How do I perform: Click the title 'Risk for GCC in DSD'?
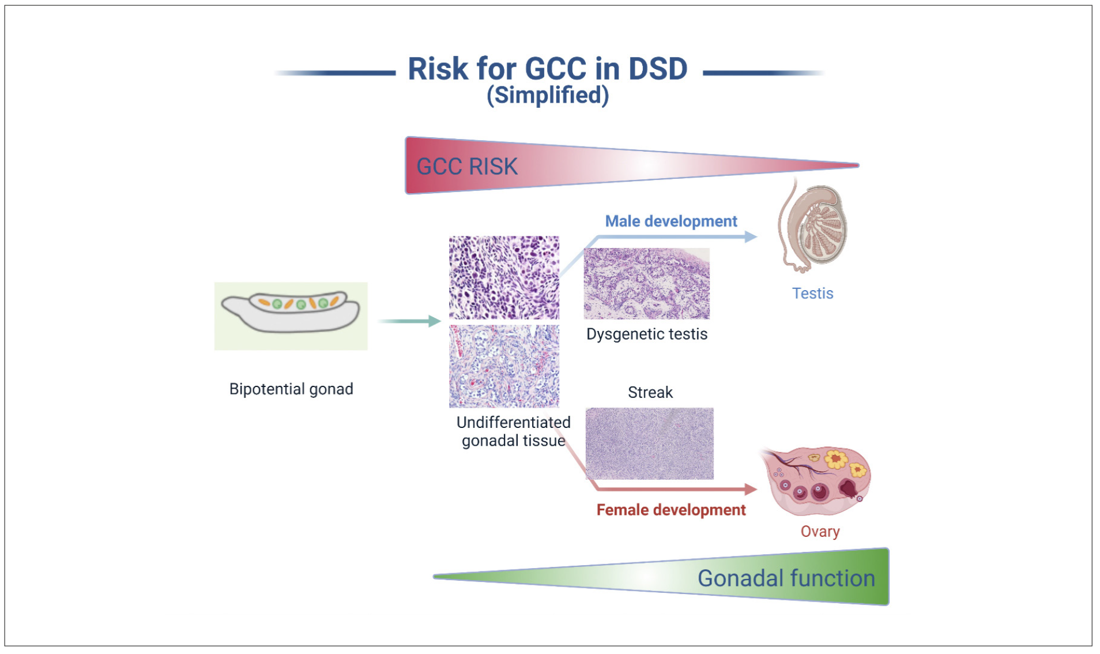(x=547, y=69)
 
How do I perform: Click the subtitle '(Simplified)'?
(x=548, y=95)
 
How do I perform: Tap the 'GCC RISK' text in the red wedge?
(x=467, y=167)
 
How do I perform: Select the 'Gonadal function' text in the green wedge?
(x=786, y=578)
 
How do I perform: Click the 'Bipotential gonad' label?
(x=291, y=389)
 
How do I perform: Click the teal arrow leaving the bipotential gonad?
(x=409, y=321)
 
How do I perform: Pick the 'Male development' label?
(x=670, y=221)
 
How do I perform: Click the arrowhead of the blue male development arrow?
(x=751, y=236)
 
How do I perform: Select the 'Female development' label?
(x=670, y=510)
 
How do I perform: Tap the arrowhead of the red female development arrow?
(x=751, y=489)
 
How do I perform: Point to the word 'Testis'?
(x=812, y=294)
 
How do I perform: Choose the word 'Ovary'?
(x=820, y=532)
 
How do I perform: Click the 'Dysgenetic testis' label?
(x=646, y=334)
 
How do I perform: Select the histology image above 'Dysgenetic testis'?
(x=646, y=283)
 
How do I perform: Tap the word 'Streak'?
(x=650, y=393)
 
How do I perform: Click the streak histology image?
(x=649, y=443)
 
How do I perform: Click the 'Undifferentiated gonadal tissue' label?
(x=513, y=431)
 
